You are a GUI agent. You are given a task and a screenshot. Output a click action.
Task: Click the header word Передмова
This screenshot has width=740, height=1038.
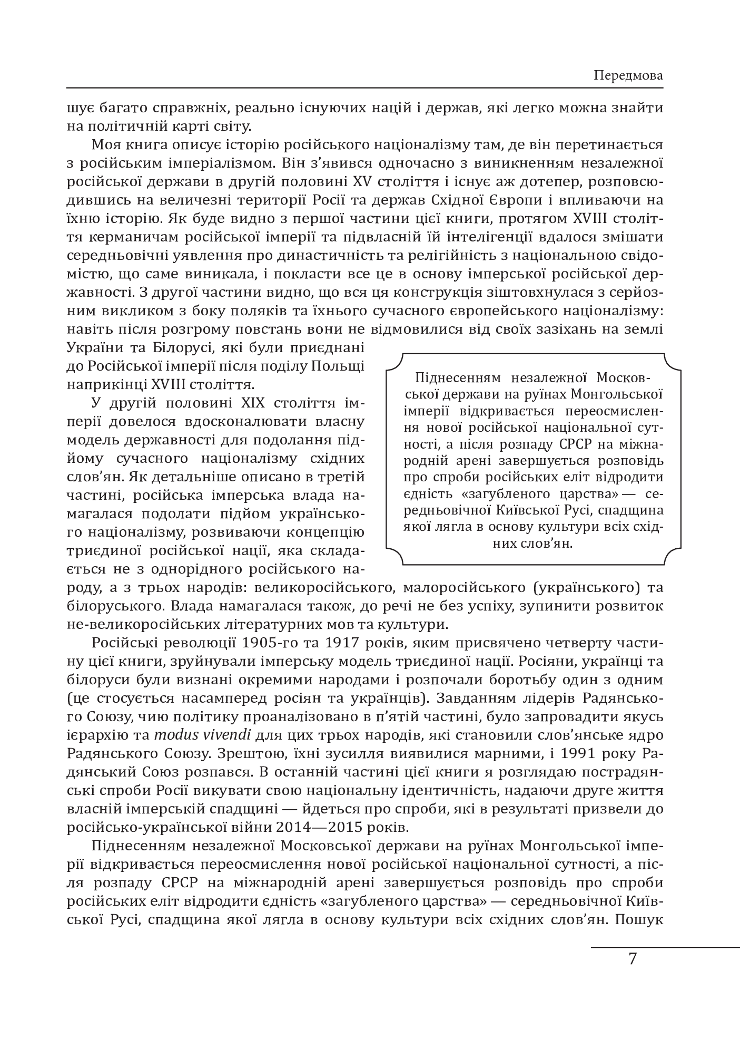coord(628,75)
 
